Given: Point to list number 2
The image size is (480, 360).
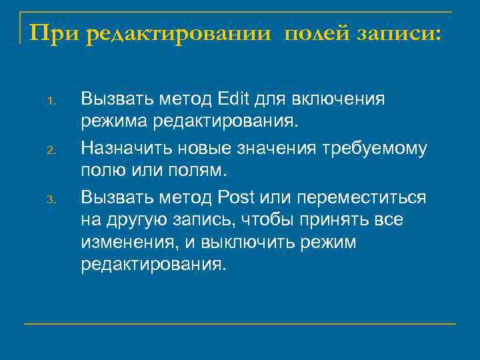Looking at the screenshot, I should point(50,150).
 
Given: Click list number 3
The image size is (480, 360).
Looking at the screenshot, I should point(50,199).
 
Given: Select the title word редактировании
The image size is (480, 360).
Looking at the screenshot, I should point(180,32).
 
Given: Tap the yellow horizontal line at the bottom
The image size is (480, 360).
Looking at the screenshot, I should point(240,324).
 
